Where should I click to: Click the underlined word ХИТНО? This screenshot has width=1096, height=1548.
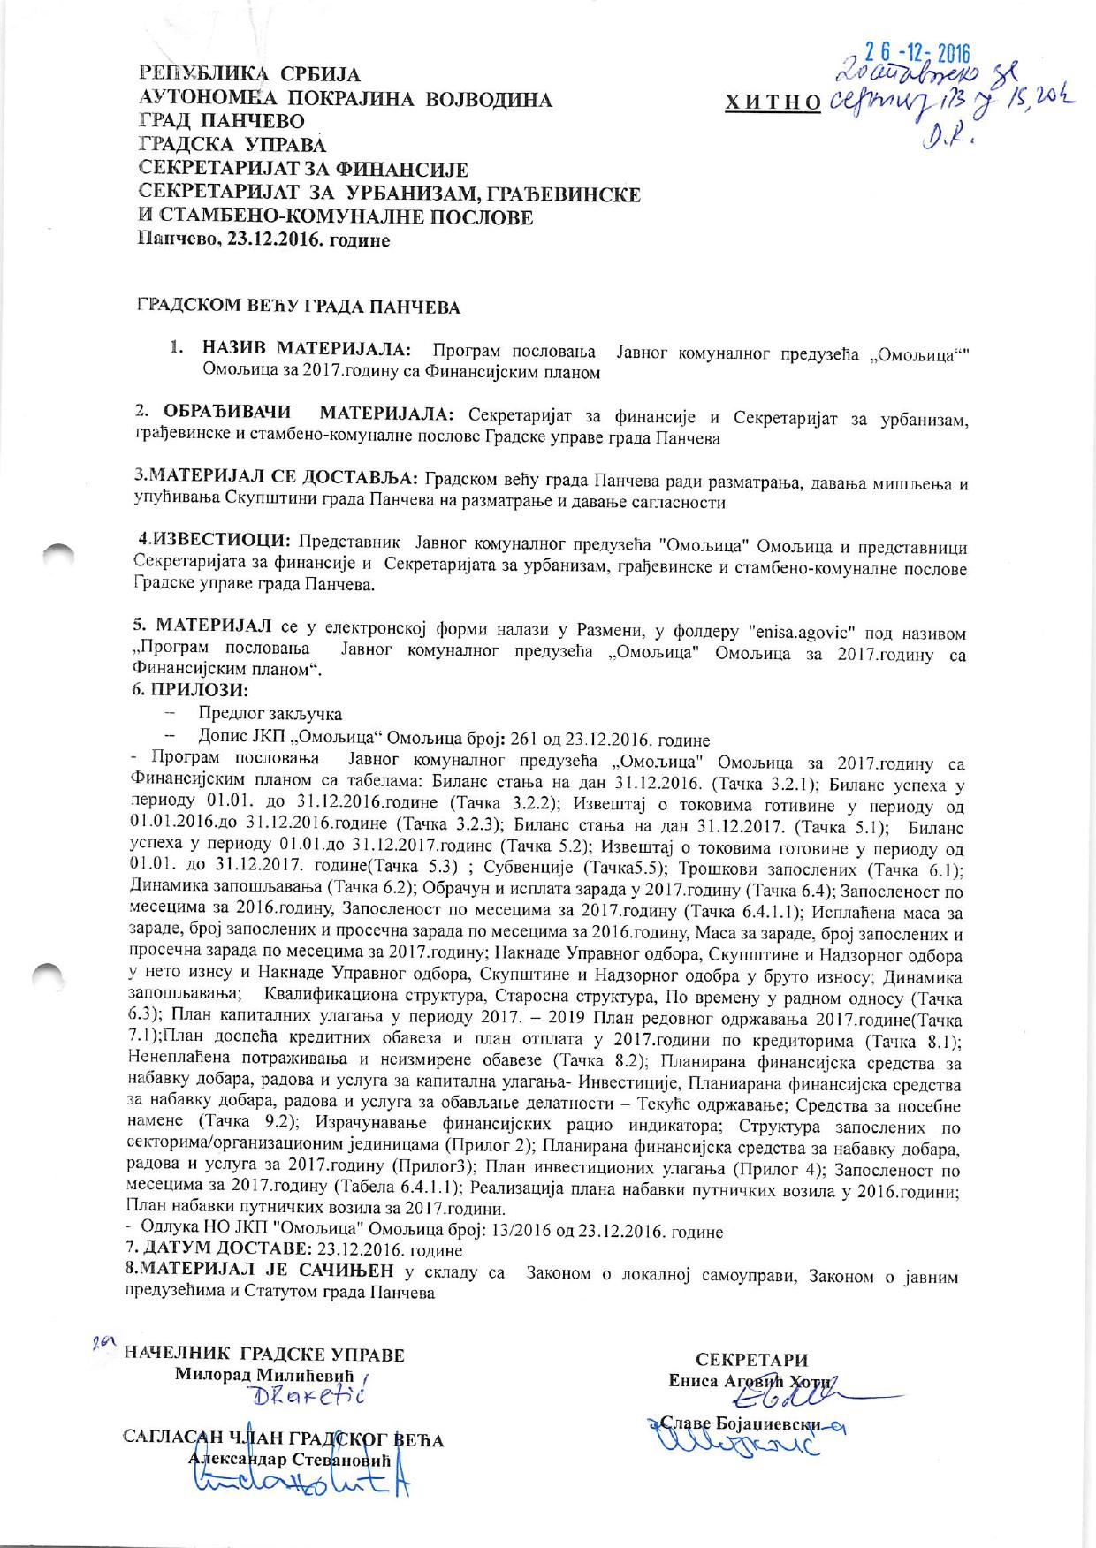tap(773, 103)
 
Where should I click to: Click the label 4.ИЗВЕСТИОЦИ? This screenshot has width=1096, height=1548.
tap(215, 540)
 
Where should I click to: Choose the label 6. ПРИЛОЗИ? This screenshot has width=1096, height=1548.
tap(189, 689)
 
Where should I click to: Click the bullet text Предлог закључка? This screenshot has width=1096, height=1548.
tap(270, 714)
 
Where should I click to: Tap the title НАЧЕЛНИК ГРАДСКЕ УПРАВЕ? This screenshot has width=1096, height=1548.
tap(265, 1354)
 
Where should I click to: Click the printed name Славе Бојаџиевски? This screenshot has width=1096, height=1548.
tap(751, 1425)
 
